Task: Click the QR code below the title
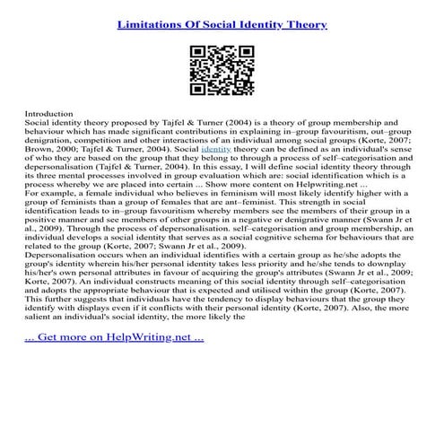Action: point(222,68)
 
